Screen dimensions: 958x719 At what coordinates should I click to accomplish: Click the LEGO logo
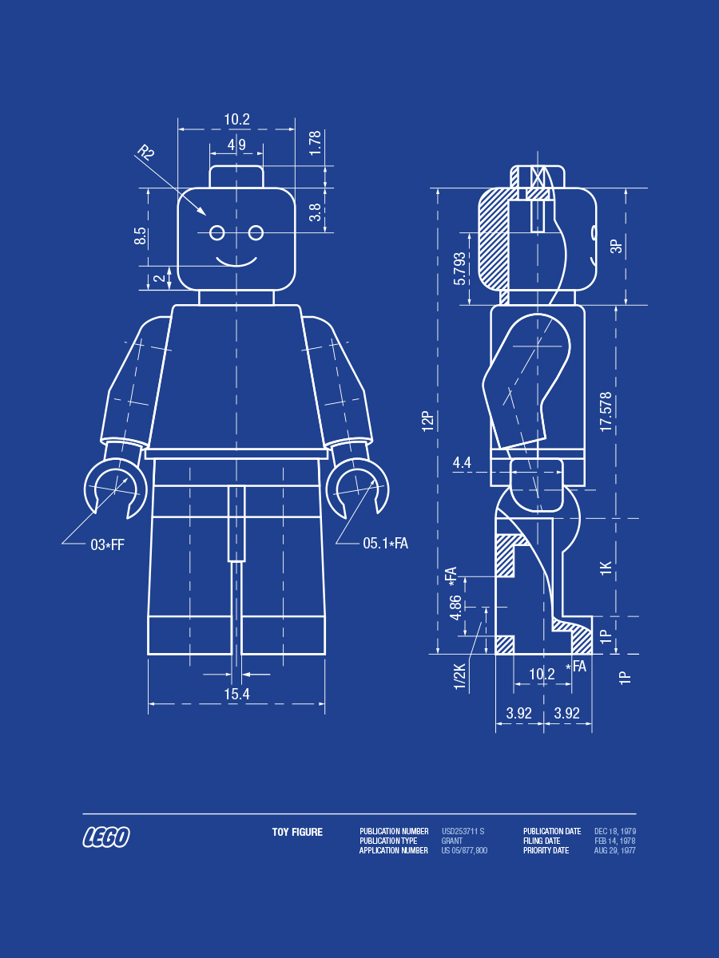coord(106,837)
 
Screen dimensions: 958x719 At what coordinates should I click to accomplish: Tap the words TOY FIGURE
coord(297,832)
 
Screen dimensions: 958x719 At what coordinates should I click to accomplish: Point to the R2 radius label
coord(145,152)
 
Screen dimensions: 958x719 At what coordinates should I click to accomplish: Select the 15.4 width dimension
coord(236,695)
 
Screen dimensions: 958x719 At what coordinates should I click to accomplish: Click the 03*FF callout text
coord(107,545)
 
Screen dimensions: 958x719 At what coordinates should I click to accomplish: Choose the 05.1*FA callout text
coord(385,544)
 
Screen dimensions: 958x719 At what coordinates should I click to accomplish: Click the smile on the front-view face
coord(236,261)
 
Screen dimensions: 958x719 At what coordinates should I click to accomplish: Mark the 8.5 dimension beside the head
coord(141,236)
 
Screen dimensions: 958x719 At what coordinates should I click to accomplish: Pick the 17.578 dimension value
coord(606,412)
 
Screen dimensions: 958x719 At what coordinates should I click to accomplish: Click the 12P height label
coord(427,422)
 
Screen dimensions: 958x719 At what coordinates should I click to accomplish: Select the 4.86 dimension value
coord(456,608)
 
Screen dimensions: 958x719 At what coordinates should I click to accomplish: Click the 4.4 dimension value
coord(463,462)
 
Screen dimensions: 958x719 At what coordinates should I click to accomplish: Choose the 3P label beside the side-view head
coord(616,246)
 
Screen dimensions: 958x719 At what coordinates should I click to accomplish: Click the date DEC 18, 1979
coord(615,832)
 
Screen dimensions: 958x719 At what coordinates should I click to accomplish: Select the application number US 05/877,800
coord(464,851)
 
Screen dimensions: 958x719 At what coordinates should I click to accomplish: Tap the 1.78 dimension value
coord(316,143)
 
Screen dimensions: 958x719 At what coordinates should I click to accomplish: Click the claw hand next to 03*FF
coord(113,485)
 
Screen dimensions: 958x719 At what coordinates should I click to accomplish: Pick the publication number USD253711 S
coord(463,832)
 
